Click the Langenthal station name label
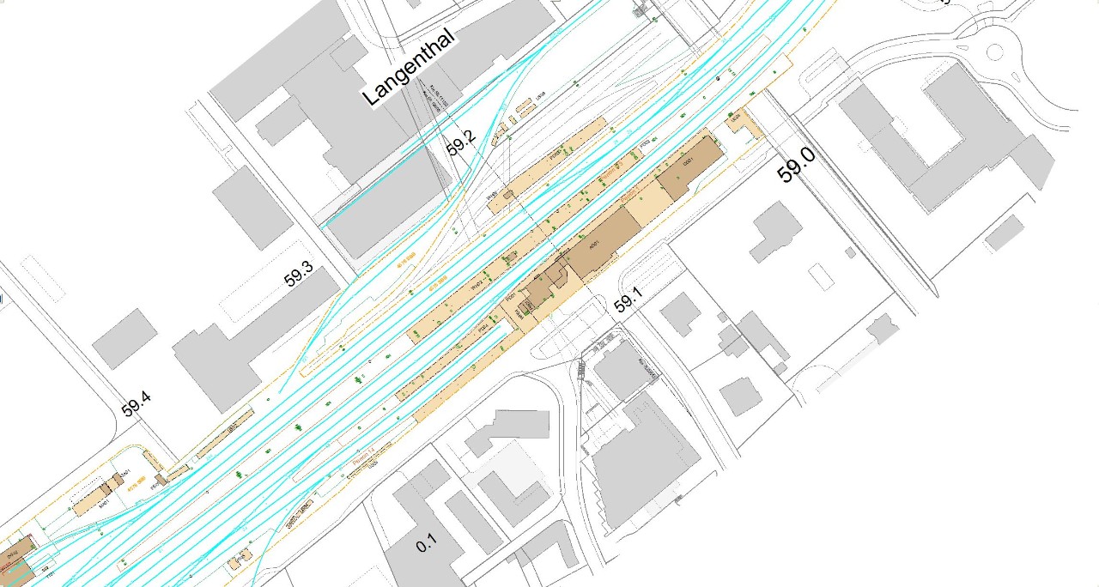408,73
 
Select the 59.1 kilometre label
628,304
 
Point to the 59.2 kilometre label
461,146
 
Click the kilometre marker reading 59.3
300,276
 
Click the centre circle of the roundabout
994,51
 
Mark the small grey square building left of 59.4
124,338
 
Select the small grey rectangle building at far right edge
1005,233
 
